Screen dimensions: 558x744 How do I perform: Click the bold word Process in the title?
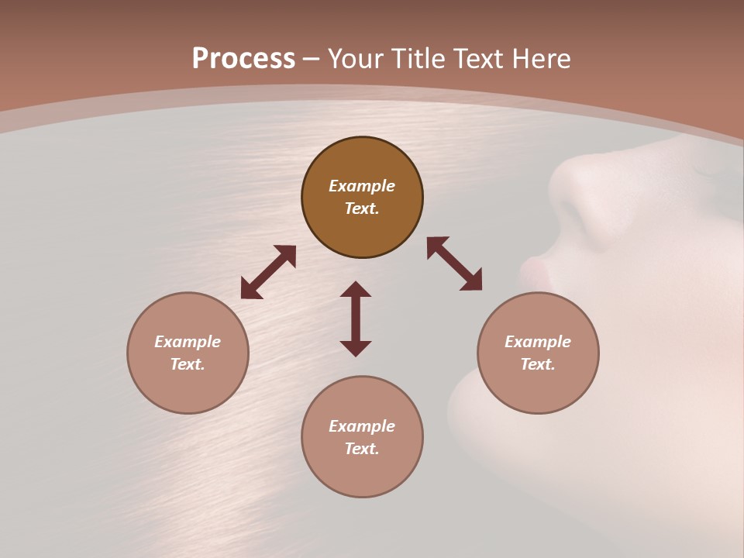point(243,59)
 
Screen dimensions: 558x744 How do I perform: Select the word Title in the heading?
point(420,59)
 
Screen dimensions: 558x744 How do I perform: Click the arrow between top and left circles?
point(268,272)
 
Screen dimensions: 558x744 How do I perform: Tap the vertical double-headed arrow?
point(356,319)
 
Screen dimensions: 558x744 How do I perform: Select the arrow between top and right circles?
point(455,263)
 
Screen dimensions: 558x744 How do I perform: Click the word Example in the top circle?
point(362,186)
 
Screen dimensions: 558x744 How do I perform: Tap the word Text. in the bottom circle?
point(362,449)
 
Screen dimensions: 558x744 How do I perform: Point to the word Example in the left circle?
point(188,342)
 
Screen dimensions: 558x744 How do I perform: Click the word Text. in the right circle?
point(538,364)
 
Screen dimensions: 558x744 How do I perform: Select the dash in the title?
point(311,59)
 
